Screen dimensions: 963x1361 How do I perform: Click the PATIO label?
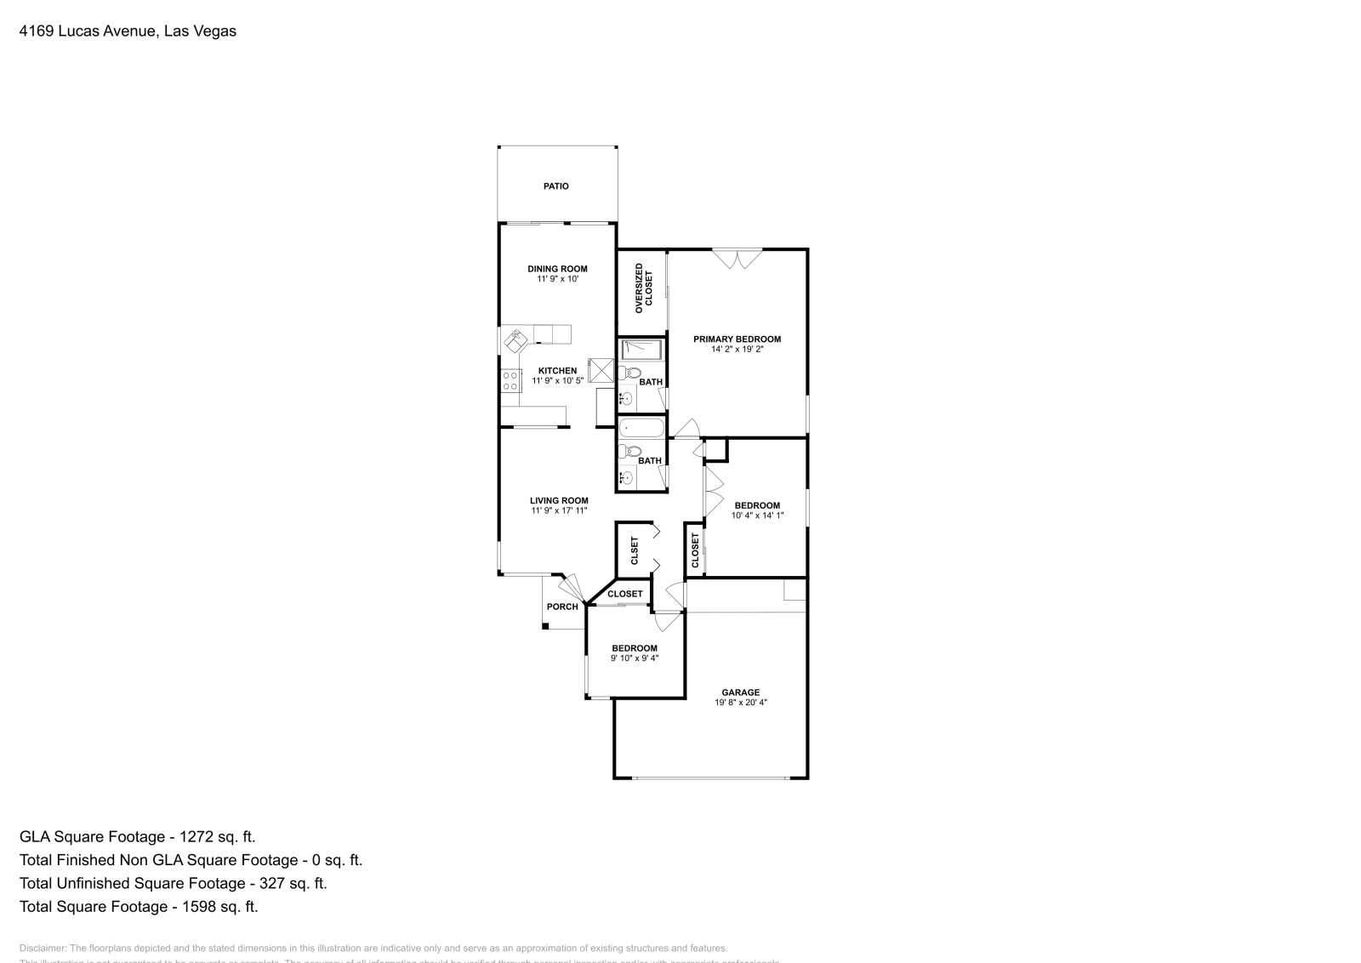[x=556, y=186]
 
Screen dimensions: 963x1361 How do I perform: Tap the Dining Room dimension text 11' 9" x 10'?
[x=557, y=279]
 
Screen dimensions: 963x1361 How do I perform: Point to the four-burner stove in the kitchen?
[x=510, y=380]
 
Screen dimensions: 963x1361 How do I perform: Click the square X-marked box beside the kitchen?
[x=602, y=370]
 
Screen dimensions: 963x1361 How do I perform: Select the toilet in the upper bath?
[x=629, y=373]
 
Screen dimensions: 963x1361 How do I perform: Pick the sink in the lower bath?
[x=627, y=478]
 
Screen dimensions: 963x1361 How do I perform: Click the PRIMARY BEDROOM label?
[x=737, y=339]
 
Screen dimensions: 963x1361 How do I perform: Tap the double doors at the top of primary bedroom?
[x=737, y=258]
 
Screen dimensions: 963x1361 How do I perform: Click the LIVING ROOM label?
[x=559, y=501]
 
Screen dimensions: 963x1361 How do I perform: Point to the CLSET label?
[x=635, y=550]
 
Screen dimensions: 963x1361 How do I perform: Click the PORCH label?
[x=562, y=607]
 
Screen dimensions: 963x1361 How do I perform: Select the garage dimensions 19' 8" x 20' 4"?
[x=741, y=703]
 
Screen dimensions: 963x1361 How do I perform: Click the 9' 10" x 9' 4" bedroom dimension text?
[x=635, y=658]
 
